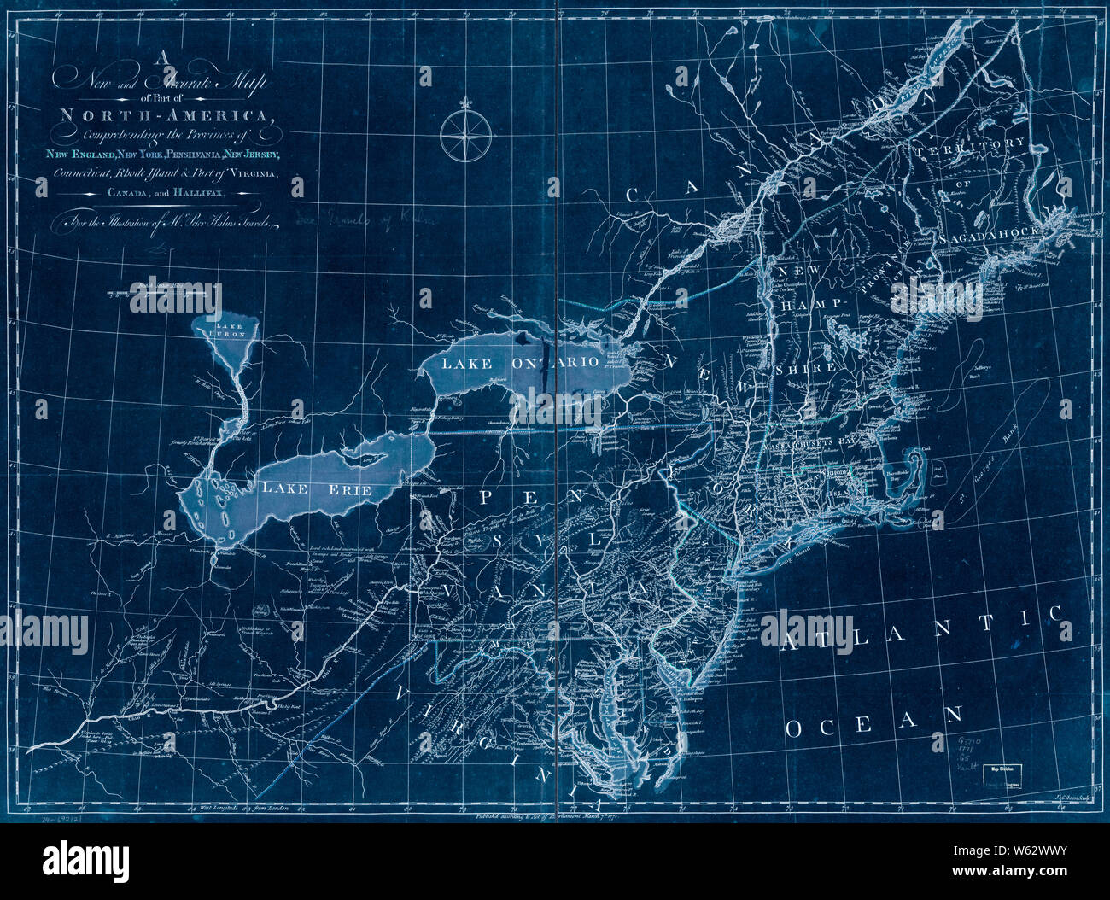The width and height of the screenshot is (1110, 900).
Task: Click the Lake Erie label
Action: click(x=317, y=490)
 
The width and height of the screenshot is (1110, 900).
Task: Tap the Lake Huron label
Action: click(x=230, y=330)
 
